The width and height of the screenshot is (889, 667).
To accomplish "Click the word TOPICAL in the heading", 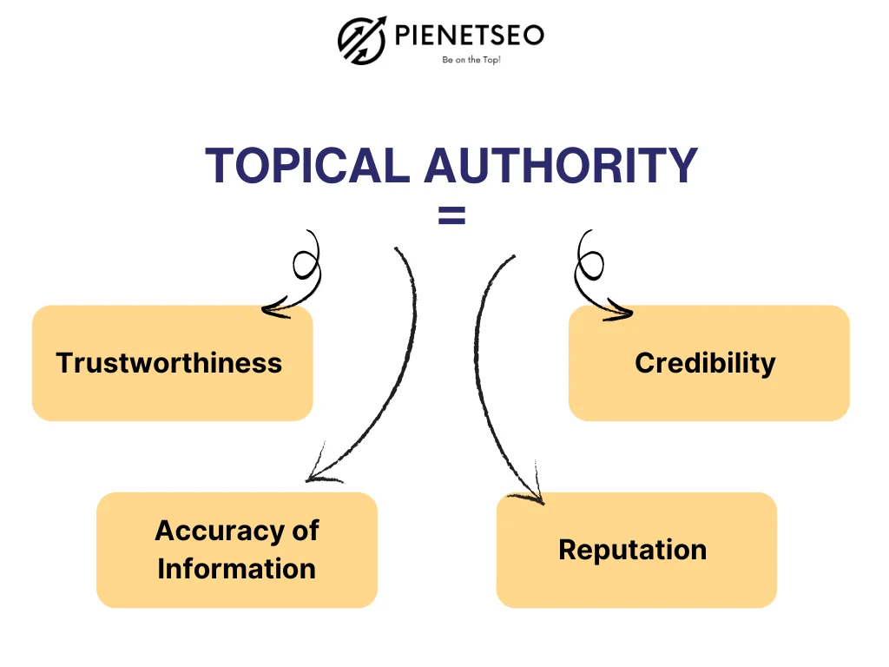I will click(306, 165).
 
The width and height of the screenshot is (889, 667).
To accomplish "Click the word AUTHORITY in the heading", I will click(560, 165).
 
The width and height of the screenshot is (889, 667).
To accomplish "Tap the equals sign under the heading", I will click(451, 217).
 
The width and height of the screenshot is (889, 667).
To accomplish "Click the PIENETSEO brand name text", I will click(470, 36).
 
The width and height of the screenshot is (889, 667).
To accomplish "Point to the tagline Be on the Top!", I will click(471, 61).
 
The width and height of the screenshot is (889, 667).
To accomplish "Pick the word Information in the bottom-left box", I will click(236, 569).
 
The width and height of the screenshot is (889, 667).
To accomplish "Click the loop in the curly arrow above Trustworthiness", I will click(306, 261).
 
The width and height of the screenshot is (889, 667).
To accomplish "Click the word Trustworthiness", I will click(169, 362).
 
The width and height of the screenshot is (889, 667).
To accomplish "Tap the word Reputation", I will click(632, 550).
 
